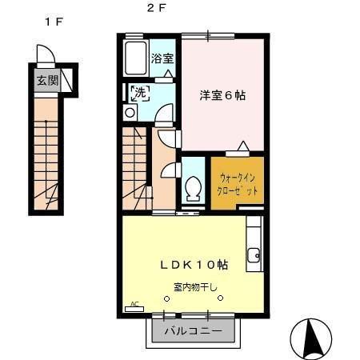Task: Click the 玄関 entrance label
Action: tap(45, 82)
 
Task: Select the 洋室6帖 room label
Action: tap(223, 94)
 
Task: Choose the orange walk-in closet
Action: tap(237, 182)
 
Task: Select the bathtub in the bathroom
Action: tap(137, 57)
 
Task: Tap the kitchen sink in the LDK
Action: tap(254, 256)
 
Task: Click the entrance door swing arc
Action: tap(45, 54)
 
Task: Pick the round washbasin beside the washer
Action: tap(130, 113)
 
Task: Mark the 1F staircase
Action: tap(47, 156)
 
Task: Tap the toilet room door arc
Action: tap(169, 170)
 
